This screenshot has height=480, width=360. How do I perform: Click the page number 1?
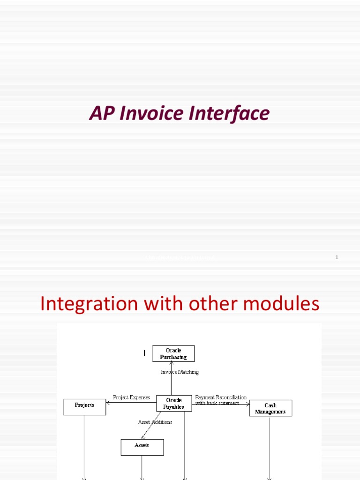(x=337, y=257)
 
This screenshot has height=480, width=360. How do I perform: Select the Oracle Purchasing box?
(x=173, y=353)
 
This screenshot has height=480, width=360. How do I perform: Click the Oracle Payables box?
(x=174, y=404)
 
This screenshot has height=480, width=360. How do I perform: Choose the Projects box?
(x=84, y=406)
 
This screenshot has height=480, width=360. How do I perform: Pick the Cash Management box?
(x=270, y=408)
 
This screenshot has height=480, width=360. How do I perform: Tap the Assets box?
(x=142, y=447)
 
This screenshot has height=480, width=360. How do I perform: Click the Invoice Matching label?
(x=180, y=372)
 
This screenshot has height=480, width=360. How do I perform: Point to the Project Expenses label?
(x=132, y=397)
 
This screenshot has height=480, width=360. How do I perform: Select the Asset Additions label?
(x=155, y=422)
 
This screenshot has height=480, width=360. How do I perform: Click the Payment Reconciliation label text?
(x=220, y=397)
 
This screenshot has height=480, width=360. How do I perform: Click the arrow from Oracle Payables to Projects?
(x=131, y=402)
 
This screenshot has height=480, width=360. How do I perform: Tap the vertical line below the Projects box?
(x=84, y=445)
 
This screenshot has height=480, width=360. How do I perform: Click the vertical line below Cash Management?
(x=270, y=445)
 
